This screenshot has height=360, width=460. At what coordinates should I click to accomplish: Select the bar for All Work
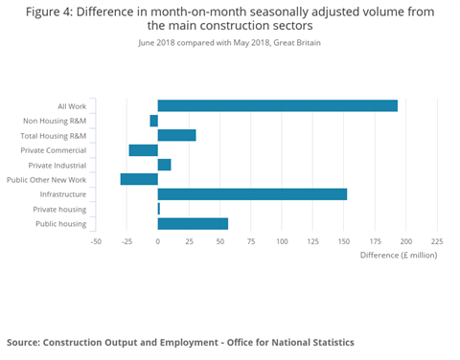[277, 105]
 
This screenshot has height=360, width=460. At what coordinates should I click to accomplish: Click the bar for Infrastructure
[252, 194]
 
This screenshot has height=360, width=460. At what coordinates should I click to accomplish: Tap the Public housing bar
[193, 224]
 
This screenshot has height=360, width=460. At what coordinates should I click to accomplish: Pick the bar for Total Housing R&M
[176, 135]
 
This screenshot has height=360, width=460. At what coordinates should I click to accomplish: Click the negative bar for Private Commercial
[144, 150]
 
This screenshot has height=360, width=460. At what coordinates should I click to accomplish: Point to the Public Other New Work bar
[139, 179]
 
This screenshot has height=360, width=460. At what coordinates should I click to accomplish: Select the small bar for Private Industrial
[164, 165]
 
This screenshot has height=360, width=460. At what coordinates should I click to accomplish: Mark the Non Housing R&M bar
[153, 121]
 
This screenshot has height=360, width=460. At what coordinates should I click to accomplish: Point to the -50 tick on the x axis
[96, 241]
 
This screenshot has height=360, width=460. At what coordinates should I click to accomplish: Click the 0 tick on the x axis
[158, 241]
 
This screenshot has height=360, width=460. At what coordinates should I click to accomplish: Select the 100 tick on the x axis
[282, 241]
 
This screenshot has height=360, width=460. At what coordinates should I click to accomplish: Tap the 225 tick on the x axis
[437, 241]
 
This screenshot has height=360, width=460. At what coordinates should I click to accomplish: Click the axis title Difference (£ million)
[398, 256]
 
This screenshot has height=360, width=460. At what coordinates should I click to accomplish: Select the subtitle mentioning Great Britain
[229, 44]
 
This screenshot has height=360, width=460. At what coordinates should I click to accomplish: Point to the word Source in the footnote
[23, 342]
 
